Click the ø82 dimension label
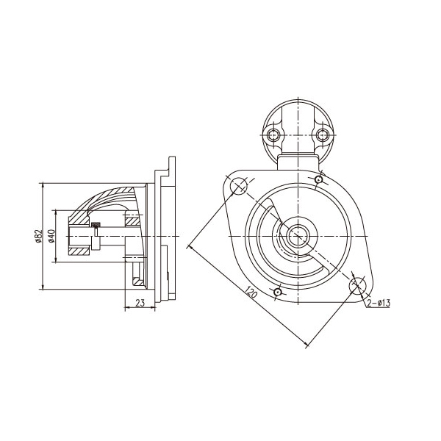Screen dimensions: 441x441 point(38,236)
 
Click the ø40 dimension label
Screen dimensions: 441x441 point(51,236)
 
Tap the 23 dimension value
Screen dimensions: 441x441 point(140,303)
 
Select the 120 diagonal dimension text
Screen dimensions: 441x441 point(250,293)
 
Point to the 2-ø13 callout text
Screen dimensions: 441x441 point(379,303)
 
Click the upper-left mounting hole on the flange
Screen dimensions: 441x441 point(239,186)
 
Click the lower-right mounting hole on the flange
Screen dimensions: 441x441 point(357,285)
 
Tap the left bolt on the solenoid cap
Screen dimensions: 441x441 point(272,135)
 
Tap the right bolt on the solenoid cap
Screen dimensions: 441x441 point(322,135)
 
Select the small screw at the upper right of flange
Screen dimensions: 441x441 point(318,179)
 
